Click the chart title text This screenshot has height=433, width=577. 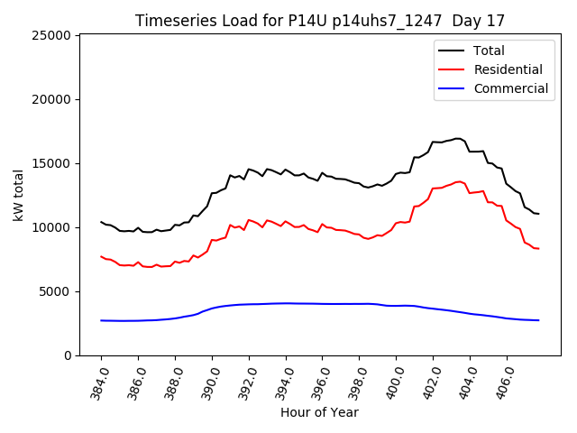coord(320,20)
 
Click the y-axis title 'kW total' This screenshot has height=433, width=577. coord(19,195)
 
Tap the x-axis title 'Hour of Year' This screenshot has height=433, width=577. coord(320,412)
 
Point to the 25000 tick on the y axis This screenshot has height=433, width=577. coord(53,35)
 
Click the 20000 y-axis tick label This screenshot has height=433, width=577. coord(53,99)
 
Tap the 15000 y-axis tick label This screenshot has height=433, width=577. coord(53,163)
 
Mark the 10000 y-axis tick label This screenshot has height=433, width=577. coord(53,227)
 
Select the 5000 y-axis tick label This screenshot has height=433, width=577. coord(57,291)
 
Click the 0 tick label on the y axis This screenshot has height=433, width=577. coord(69,355)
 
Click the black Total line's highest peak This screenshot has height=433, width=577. coord(458,138)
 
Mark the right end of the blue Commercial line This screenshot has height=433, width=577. coord(539,320)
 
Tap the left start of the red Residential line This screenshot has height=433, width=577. coord(101,256)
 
